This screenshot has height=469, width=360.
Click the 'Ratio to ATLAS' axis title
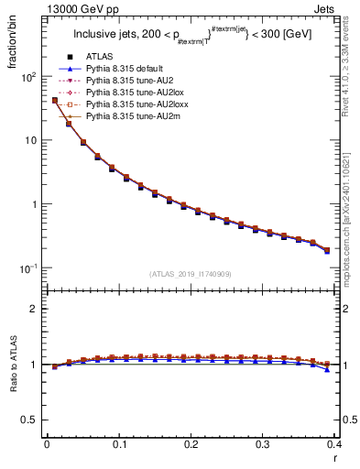11,367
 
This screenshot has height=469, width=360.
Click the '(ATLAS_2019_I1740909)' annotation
190,274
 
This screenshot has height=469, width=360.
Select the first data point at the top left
54,100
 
